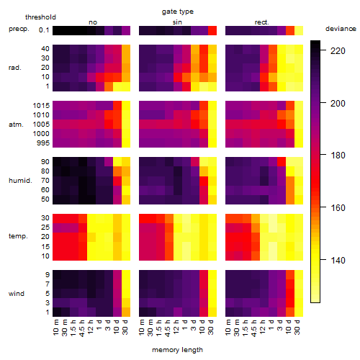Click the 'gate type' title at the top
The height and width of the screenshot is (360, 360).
178,12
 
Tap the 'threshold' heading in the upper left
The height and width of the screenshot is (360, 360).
40,17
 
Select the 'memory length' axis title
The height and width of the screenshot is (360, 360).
178,350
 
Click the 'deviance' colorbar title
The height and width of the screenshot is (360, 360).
341,29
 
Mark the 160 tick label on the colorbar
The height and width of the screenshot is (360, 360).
338,208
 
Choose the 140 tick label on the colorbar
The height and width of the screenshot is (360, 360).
338,261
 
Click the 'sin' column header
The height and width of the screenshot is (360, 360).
177,22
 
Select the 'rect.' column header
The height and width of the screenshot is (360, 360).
262,22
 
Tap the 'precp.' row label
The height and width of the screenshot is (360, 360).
19,29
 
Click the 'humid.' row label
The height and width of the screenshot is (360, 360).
20,181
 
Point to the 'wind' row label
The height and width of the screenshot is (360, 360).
17,294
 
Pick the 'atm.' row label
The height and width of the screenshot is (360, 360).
16,125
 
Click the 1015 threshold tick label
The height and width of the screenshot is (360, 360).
41,106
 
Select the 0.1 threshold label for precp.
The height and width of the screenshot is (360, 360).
44,30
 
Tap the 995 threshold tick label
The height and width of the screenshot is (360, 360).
43,143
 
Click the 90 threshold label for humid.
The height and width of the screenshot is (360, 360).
45,162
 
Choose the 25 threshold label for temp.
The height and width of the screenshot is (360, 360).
45,228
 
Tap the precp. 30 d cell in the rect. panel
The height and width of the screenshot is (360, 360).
299,31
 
